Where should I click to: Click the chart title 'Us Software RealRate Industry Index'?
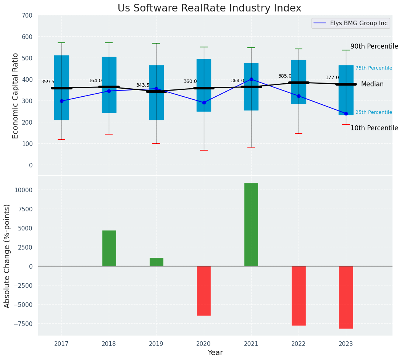[x=209, y=8]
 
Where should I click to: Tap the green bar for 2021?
[x=251, y=225]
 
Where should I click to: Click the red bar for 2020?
[x=204, y=290]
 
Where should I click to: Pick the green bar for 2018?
[x=109, y=248]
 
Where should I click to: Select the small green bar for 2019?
[x=157, y=262]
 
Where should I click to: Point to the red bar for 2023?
[x=346, y=297]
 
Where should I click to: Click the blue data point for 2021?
[x=251, y=79]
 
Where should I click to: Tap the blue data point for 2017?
[x=61, y=101]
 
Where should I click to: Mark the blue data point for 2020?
[x=204, y=103]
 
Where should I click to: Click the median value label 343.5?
[x=143, y=85]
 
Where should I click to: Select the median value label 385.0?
[x=285, y=76]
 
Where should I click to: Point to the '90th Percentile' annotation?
[x=374, y=46]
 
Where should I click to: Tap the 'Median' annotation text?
[x=372, y=84]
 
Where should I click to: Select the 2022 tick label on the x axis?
[x=299, y=344]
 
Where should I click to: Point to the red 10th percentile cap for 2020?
[x=204, y=150]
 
